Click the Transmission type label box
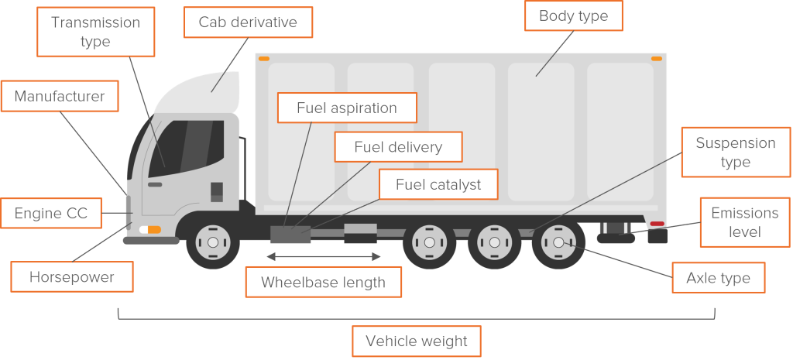click(95, 32)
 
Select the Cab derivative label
click(248, 22)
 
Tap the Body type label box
click(574, 15)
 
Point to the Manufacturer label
click(60, 96)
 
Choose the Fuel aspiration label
click(347, 108)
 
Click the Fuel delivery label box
click(399, 147)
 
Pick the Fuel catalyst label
click(438, 184)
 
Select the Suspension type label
click(736, 153)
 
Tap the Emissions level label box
click(745, 222)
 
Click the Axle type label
click(718, 278)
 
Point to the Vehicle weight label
click(416, 341)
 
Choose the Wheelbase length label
click(323, 282)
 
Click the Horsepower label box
click(72, 276)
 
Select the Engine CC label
click(51, 213)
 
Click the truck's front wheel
click(213, 242)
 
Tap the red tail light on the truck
click(657, 224)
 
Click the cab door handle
click(155, 184)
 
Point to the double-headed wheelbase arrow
click(323, 257)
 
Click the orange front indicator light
click(154, 230)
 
